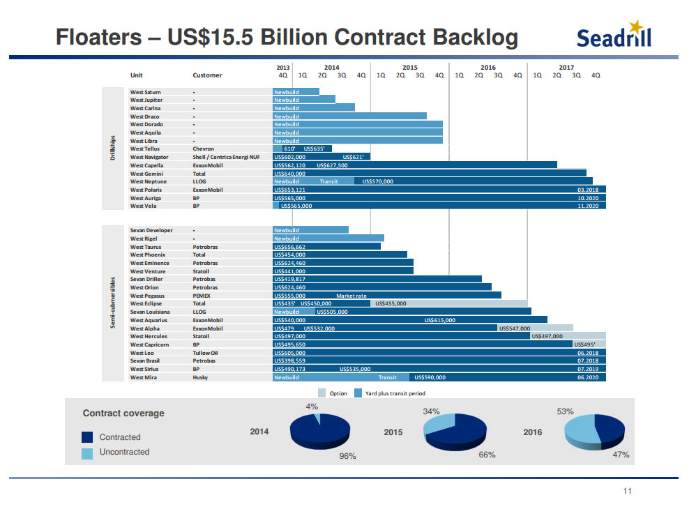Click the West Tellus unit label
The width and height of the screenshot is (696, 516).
point(144,149)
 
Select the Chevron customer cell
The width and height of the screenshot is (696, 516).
point(203,149)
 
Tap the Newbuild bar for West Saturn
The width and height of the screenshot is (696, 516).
point(287,92)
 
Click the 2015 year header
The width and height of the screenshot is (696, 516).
point(409,68)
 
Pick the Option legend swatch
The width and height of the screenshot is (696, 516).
point(322,393)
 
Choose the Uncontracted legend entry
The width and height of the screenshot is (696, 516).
point(124,452)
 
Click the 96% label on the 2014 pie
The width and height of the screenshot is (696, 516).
point(347,456)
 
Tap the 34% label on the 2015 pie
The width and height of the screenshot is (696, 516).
point(430,411)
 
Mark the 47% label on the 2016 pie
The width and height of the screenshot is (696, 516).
point(621,455)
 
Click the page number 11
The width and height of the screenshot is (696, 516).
point(627,492)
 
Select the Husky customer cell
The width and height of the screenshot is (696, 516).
point(200,377)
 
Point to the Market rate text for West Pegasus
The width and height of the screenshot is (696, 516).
point(351,296)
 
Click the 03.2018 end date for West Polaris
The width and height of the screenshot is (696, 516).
point(588,190)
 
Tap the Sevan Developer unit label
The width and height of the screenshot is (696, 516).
point(151,230)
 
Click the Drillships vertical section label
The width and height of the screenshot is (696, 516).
point(113,149)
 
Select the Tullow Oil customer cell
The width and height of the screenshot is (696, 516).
point(205,353)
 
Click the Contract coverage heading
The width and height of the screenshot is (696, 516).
point(123,413)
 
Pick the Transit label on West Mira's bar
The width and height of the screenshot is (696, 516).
point(387,377)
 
